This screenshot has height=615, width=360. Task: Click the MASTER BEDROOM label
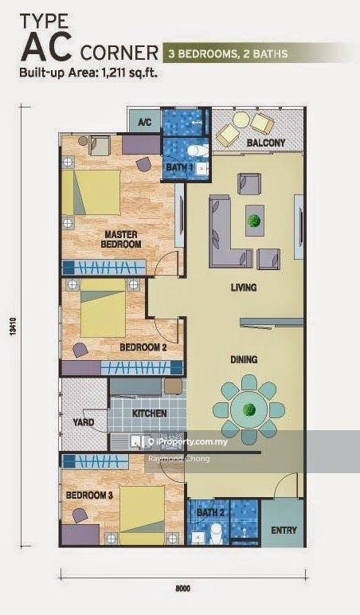(121, 239)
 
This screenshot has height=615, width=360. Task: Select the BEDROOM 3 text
(89, 496)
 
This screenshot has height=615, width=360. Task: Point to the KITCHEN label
(150, 413)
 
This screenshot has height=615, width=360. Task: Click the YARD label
(84, 422)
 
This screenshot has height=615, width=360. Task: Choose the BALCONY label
(266, 143)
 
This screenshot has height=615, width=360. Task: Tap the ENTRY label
(284, 531)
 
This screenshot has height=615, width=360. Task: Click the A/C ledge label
(144, 123)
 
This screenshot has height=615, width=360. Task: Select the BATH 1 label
(180, 167)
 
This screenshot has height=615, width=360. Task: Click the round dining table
(248, 410)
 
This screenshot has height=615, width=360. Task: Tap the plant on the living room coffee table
(255, 221)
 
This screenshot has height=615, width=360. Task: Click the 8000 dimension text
(182, 589)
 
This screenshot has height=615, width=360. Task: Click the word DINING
(244, 359)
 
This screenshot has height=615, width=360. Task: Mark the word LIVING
(244, 288)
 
